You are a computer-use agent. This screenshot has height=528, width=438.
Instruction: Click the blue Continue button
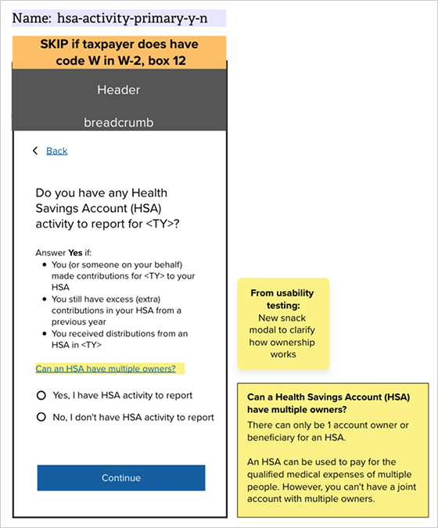point(120,478)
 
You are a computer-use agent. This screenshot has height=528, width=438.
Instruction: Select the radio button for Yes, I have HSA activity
point(41,395)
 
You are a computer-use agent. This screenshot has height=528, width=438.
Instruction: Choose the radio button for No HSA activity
point(41,417)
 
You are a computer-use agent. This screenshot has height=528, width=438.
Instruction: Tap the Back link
point(57,150)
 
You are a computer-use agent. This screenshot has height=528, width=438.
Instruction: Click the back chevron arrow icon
point(35,150)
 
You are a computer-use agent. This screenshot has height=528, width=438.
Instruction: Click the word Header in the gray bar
point(119,90)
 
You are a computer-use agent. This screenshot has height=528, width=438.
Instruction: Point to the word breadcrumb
point(119,123)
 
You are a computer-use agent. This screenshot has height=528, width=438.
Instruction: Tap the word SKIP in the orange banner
point(56,45)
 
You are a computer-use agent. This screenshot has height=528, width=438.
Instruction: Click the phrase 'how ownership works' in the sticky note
point(282,348)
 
